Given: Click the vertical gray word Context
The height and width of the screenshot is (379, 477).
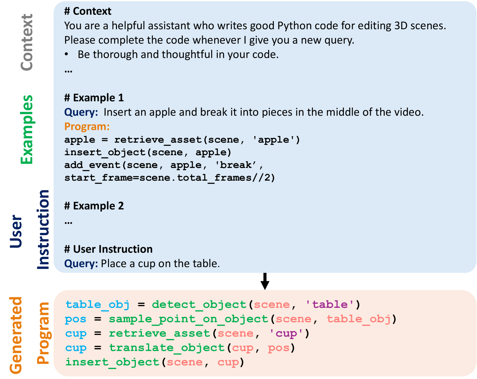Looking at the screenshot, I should (x=27, y=42).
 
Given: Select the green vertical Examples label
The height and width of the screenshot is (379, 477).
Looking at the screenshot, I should (x=27, y=130).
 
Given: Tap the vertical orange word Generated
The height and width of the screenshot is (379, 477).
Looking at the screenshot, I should (x=16, y=335).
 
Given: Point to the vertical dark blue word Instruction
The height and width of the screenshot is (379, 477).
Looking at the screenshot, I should (x=43, y=229).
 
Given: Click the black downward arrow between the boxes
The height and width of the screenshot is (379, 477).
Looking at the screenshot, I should (x=265, y=281).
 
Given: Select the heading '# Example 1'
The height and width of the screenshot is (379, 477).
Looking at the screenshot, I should (x=94, y=98).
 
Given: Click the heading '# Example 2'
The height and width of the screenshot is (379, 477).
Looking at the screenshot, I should (x=94, y=206).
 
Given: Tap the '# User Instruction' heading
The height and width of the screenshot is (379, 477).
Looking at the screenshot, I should (x=108, y=249).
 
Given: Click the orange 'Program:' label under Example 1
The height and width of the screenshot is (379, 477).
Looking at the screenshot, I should (x=87, y=127).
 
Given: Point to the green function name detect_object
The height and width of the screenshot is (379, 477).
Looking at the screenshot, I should (x=199, y=305).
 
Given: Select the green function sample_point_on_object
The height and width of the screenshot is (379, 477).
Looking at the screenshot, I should (x=188, y=319).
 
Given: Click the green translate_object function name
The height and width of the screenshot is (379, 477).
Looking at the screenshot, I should (x=167, y=348).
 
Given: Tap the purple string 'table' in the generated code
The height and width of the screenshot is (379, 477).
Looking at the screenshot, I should (x=330, y=305).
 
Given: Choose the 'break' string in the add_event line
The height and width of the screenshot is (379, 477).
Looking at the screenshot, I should (x=236, y=165).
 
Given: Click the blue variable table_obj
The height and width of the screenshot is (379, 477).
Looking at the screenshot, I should (x=97, y=305).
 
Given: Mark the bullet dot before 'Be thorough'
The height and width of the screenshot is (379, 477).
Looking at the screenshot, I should (x=67, y=54).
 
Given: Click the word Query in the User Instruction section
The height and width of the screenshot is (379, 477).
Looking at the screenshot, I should (x=81, y=264).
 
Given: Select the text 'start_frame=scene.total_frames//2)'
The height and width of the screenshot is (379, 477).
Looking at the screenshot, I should (x=170, y=178).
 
